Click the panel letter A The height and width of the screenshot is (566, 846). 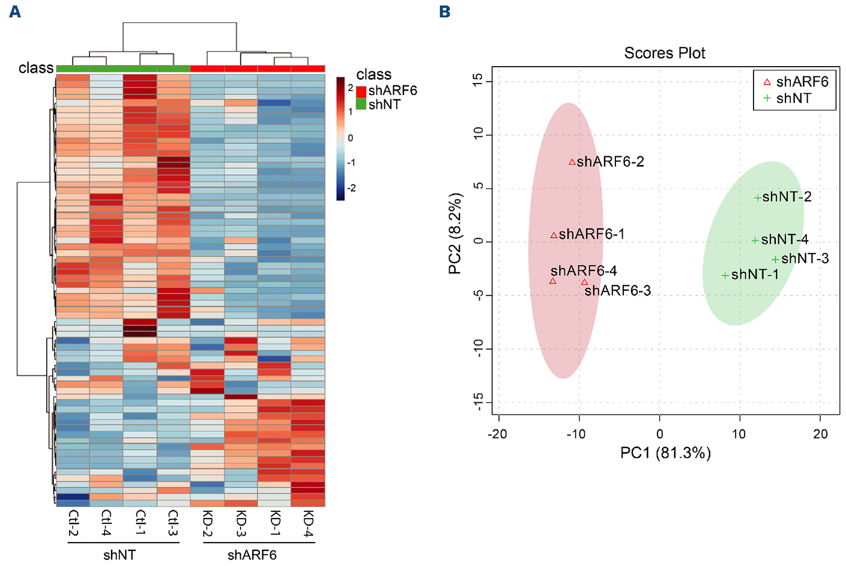click(x=15, y=11)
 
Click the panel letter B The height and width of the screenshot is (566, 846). click(x=445, y=11)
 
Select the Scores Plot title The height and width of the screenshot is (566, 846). click(x=665, y=53)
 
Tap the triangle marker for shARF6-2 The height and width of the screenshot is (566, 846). click(x=572, y=162)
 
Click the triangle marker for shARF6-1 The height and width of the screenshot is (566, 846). click(x=554, y=236)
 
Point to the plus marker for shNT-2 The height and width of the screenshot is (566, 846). click(x=758, y=197)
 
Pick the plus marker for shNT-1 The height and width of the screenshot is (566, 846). click(x=725, y=275)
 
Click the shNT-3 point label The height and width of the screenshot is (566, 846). click(x=805, y=258)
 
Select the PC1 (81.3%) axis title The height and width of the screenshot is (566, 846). click(x=665, y=452)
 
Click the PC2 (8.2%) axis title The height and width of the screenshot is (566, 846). click(x=455, y=234)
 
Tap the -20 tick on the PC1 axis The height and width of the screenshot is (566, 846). click(x=497, y=434)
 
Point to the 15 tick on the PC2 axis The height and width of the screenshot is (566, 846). click(x=478, y=81)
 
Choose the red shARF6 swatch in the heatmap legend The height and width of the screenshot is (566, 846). click(x=361, y=91)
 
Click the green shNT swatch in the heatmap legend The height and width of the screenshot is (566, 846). click(x=361, y=104)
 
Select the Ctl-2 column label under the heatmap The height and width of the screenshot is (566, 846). click(x=73, y=523)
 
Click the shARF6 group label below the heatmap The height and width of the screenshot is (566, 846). click(x=252, y=555)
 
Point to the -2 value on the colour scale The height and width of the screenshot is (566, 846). click(x=351, y=188)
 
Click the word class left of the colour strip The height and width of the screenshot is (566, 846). click(x=36, y=68)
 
